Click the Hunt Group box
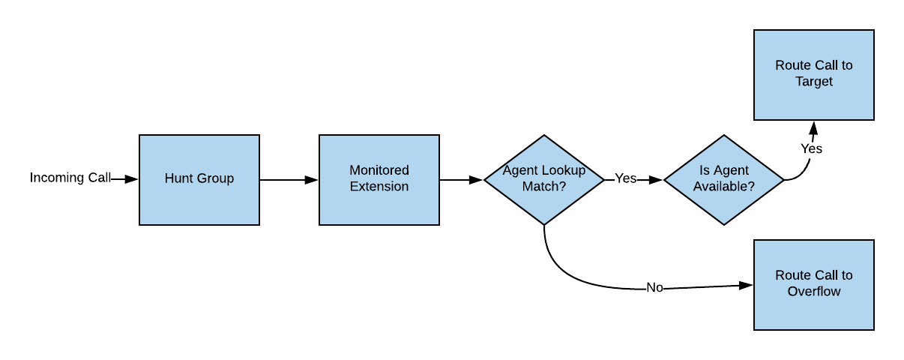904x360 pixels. (199, 179)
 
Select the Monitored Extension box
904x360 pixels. (379, 179)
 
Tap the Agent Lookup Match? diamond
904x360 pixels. (543, 179)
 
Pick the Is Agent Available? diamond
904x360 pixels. (723, 179)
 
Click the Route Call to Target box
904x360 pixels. (813, 74)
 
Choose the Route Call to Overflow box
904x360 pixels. (813, 284)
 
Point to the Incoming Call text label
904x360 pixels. (70, 178)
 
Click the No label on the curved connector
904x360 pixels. (654, 288)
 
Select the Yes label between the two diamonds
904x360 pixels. (625, 178)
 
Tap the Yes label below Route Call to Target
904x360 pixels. (811, 148)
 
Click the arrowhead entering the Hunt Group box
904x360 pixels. (132, 179)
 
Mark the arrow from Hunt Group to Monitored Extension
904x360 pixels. (289, 180)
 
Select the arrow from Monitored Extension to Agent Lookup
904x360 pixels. (461, 180)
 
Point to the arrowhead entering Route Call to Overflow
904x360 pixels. (746, 285)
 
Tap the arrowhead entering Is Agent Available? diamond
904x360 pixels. (657, 180)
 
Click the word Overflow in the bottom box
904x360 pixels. (813, 292)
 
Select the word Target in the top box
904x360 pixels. (813, 82)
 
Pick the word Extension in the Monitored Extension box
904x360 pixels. (379, 187)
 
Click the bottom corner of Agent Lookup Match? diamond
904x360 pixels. (543, 223)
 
